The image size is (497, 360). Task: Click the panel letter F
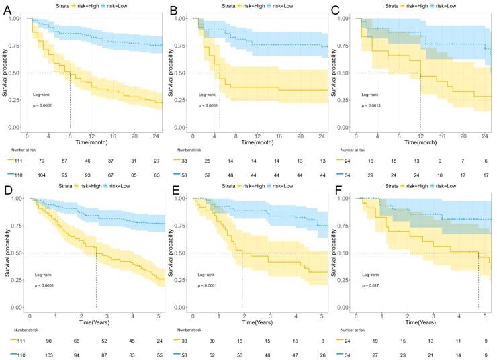(x=337, y=189)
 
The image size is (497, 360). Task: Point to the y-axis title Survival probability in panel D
(x=7, y=252)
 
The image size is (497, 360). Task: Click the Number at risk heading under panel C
(x=355, y=149)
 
